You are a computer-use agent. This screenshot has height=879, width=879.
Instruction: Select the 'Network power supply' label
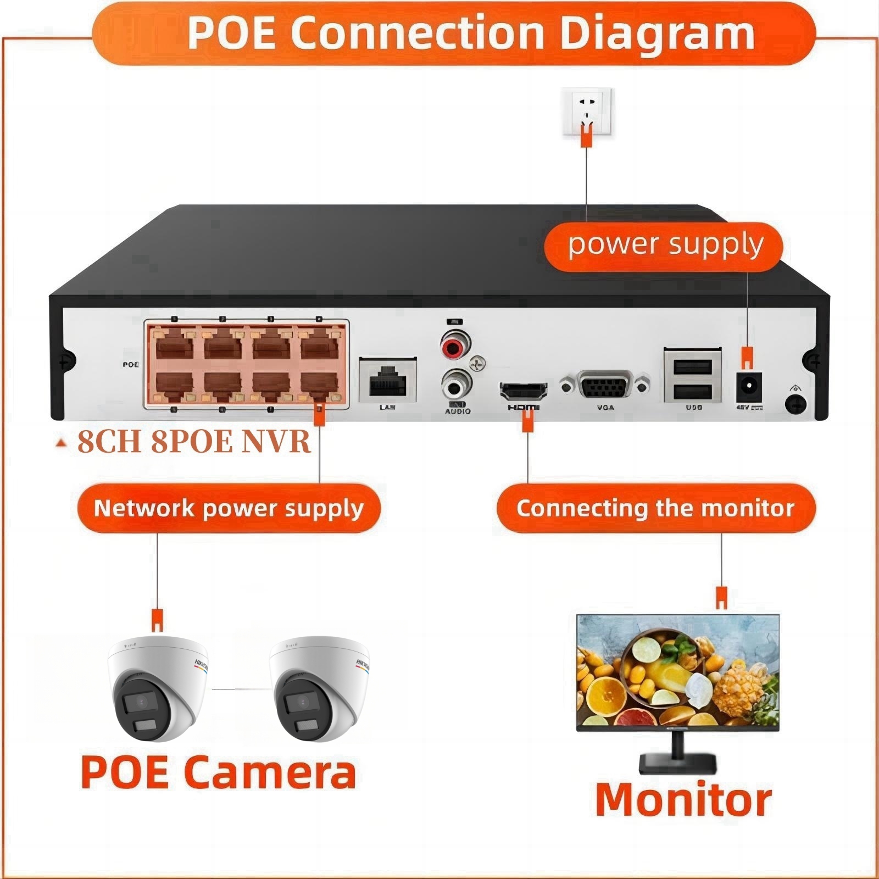[x=229, y=508]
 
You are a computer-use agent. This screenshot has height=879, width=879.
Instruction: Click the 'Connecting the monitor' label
[x=655, y=508]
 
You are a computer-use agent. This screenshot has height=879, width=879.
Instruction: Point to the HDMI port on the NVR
[x=523, y=391]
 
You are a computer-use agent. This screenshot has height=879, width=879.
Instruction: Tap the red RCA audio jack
[x=455, y=346]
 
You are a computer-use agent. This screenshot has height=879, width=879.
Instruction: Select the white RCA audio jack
[x=456, y=385]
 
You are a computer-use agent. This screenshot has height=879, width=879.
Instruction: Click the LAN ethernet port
[x=387, y=380]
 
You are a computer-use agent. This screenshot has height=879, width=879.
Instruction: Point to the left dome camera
[x=158, y=689]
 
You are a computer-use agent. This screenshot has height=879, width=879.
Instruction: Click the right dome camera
[x=320, y=689]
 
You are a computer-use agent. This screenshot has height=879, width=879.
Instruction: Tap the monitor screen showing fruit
[x=678, y=671]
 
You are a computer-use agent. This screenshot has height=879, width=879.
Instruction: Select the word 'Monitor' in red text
[x=683, y=800]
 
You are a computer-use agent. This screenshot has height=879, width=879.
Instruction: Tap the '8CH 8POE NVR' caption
[x=193, y=441]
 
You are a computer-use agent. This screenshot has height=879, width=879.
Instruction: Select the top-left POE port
[x=174, y=346]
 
